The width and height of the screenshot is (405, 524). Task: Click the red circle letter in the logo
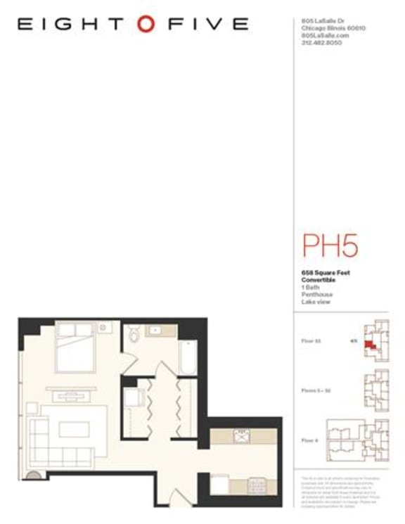146,24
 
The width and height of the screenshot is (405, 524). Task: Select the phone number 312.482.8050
321,42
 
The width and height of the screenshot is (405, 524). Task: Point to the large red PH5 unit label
330,245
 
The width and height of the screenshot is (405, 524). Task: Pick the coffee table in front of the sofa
73,429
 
